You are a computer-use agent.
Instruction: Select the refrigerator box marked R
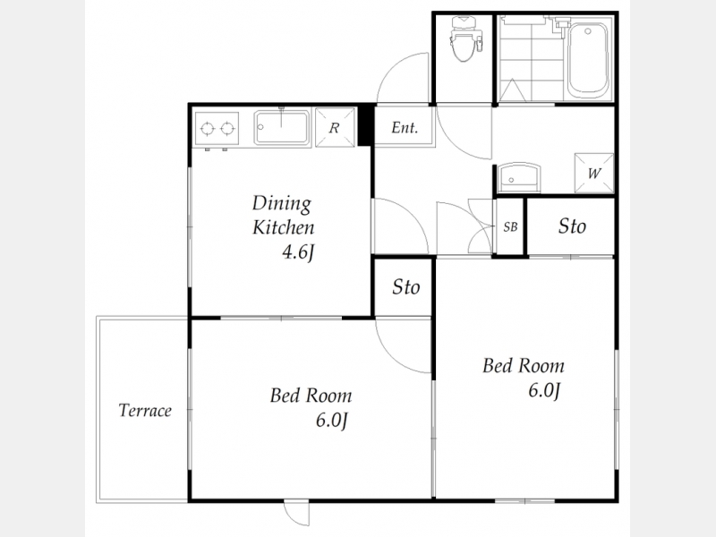[335, 127]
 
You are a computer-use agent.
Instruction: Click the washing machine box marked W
[593, 173]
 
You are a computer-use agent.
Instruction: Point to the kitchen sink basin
[282, 127]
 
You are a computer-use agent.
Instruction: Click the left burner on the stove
[208, 129]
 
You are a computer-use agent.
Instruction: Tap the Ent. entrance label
[405, 127]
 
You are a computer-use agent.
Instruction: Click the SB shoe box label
[510, 226]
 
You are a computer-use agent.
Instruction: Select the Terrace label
[145, 411]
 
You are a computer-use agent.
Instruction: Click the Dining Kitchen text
[283, 215]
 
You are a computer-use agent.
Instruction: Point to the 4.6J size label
[299, 252]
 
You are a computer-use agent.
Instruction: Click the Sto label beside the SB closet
[572, 226]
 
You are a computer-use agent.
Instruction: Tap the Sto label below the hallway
[406, 287]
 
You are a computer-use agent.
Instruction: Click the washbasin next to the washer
[519, 178]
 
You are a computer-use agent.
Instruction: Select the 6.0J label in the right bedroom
[544, 391]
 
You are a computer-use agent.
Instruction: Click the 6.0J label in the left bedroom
[332, 421]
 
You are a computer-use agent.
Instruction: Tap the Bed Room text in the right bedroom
[524, 366]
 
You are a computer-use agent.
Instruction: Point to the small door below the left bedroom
[297, 512]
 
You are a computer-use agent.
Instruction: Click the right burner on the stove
[227, 129]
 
